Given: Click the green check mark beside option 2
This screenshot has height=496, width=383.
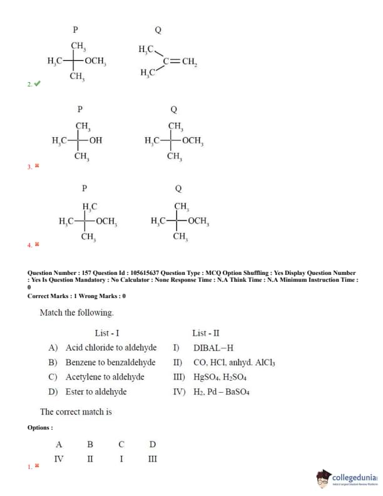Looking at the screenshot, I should [37, 83].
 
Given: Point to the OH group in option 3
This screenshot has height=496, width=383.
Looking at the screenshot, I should [96, 140].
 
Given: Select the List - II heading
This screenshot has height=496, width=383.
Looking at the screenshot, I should [206, 333].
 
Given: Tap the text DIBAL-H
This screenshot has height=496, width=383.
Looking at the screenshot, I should [213, 348].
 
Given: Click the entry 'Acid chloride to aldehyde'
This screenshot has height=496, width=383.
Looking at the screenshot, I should [111, 348].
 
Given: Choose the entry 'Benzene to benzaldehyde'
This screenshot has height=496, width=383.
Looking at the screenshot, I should [110, 362].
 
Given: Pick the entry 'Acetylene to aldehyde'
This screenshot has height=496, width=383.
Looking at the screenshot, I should [105, 377].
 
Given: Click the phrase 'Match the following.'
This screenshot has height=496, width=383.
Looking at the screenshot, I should [76, 312].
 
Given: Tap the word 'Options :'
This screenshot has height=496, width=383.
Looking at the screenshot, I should [40, 427].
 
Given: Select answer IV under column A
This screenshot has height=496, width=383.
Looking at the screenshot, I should [59, 458].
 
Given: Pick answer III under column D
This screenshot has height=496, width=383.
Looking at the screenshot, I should [152, 458].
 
